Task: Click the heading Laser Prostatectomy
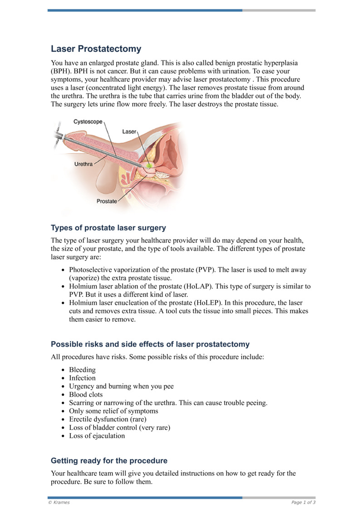pyautogui.click(x=96, y=49)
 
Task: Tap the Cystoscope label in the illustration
pyautogui.click(x=88, y=122)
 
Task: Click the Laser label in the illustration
pyautogui.click(x=129, y=131)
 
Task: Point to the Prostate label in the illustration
pyautogui.click(x=107, y=201)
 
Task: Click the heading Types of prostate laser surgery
pyautogui.click(x=108, y=228)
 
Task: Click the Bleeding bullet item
pyautogui.click(x=82, y=370)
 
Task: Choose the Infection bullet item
pyautogui.click(x=82, y=378)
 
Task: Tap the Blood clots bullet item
pyautogui.click(x=86, y=394)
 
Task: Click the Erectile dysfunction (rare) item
pyautogui.click(x=108, y=419)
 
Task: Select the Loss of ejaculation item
pyautogui.click(x=97, y=436)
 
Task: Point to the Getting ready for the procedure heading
pyautogui.click(x=109, y=460)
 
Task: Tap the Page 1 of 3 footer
pyautogui.click(x=303, y=502)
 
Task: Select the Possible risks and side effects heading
pyautogui.click(x=150, y=344)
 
